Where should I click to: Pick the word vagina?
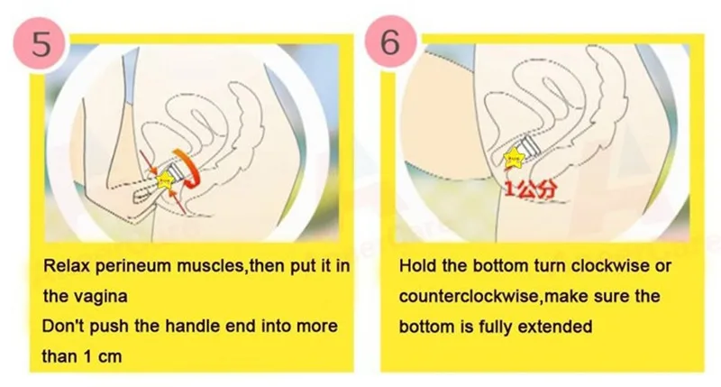tap(102, 296)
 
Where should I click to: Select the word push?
tap(107, 326)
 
